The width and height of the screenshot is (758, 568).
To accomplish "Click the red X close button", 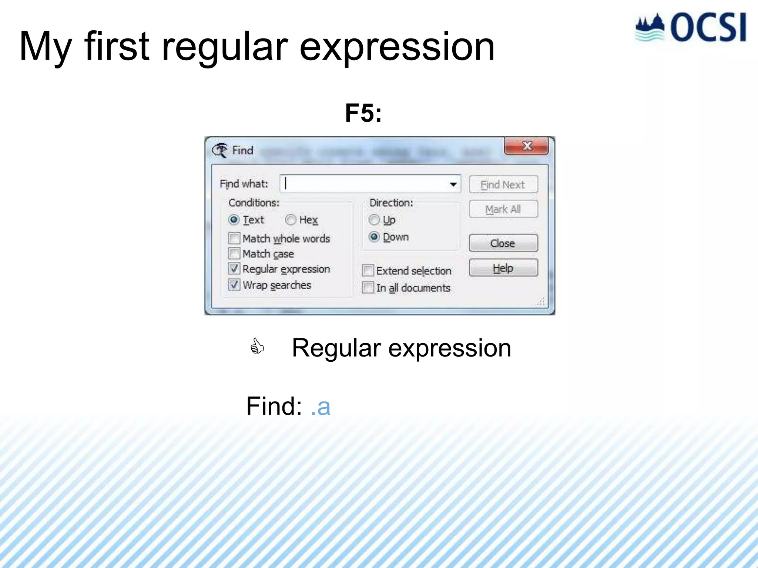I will click(x=526, y=146).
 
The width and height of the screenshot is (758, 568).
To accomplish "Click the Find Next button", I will click(x=503, y=185).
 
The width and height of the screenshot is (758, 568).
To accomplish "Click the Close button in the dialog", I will click(x=503, y=243).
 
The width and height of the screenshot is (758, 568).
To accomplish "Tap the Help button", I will click(x=503, y=268).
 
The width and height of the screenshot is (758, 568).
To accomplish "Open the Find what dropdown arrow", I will click(x=453, y=184).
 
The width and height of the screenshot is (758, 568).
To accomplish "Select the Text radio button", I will click(x=234, y=220).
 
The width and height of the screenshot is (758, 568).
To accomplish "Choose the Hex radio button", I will click(x=291, y=220).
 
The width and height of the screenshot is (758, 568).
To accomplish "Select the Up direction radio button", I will click(x=374, y=220).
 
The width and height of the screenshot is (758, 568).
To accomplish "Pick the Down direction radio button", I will click(x=374, y=237).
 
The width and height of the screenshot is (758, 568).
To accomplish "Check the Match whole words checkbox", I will click(x=234, y=238).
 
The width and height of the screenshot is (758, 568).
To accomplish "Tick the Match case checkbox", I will click(x=234, y=254).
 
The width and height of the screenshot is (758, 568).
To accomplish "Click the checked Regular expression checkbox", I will click(x=234, y=269).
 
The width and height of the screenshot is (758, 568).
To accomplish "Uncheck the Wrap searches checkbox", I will click(x=234, y=285).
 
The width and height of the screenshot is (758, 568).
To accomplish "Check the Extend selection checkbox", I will click(x=368, y=271).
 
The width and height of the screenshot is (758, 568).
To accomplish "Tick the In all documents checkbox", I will click(x=368, y=288).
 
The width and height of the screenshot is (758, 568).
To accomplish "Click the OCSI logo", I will click(x=691, y=28).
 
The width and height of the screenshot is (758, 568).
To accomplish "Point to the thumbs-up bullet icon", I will click(x=257, y=346).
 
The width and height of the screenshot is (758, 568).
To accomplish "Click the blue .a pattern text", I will click(x=321, y=406).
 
